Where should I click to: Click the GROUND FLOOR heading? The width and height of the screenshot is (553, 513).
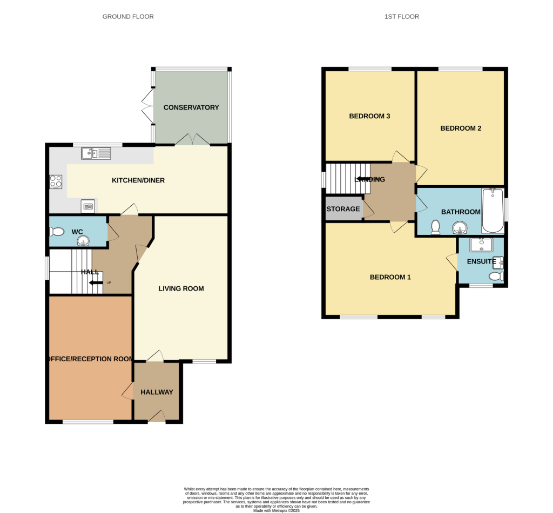(x=128, y=17)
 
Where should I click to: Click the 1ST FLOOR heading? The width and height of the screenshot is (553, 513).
(x=401, y=17)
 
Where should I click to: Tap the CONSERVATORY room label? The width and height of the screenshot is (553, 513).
(x=191, y=107)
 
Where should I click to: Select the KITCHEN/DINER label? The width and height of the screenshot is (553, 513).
(x=138, y=180)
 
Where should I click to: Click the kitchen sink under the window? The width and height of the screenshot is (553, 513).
(x=96, y=154)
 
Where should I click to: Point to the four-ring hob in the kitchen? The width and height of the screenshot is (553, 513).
(x=56, y=182)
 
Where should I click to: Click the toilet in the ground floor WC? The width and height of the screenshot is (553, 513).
(x=56, y=232)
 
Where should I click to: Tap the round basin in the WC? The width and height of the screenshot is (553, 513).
(x=83, y=240)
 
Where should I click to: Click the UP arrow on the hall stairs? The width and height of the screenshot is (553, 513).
(x=97, y=282)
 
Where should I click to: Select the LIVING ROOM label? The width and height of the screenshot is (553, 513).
(x=181, y=289)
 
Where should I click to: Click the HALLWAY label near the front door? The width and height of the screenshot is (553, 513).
(x=157, y=393)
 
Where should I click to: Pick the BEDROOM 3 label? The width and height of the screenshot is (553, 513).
(x=369, y=116)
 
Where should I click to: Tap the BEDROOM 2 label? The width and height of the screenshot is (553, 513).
(x=461, y=129)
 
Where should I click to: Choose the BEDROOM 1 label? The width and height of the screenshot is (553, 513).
(x=390, y=278)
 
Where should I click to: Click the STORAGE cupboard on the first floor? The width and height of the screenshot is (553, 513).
(x=343, y=209)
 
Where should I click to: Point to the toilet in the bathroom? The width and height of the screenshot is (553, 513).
(x=435, y=228)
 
